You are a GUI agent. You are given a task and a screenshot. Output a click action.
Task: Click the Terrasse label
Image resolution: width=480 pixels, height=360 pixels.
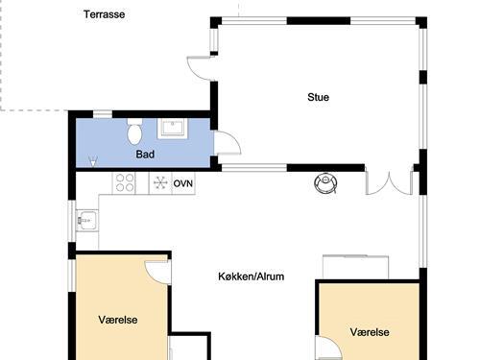click(x=104, y=14)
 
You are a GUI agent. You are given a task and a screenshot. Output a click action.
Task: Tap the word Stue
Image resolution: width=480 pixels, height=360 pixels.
click(x=318, y=96)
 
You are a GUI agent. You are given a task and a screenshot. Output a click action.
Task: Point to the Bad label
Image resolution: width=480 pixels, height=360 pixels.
click(x=145, y=154)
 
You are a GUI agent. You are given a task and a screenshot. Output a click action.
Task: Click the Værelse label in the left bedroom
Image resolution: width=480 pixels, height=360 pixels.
click(x=118, y=320)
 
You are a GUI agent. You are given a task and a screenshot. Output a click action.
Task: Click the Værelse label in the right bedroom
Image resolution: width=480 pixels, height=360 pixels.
click(x=370, y=331)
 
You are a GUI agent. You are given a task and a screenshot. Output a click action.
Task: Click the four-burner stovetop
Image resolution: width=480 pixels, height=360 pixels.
click(x=126, y=182)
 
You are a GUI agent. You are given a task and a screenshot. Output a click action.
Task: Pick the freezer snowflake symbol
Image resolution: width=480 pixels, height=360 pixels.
click(x=159, y=182)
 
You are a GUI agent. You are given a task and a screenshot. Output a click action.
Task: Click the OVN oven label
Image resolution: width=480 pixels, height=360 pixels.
click(x=183, y=182)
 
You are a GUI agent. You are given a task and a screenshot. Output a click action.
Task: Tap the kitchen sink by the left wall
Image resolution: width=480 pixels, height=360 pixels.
click(x=84, y=221)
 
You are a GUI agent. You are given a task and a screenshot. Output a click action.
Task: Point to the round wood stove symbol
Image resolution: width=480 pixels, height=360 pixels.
click(x=326, y=182)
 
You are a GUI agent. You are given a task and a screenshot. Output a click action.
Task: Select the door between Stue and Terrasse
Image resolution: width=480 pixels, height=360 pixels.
click(x=199, y=68)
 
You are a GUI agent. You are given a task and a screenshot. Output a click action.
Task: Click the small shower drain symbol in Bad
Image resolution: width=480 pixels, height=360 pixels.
click(x=92, y=159)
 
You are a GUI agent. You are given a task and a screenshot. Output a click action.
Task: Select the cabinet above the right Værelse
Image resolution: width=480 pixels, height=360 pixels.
click(x=355, y=268)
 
